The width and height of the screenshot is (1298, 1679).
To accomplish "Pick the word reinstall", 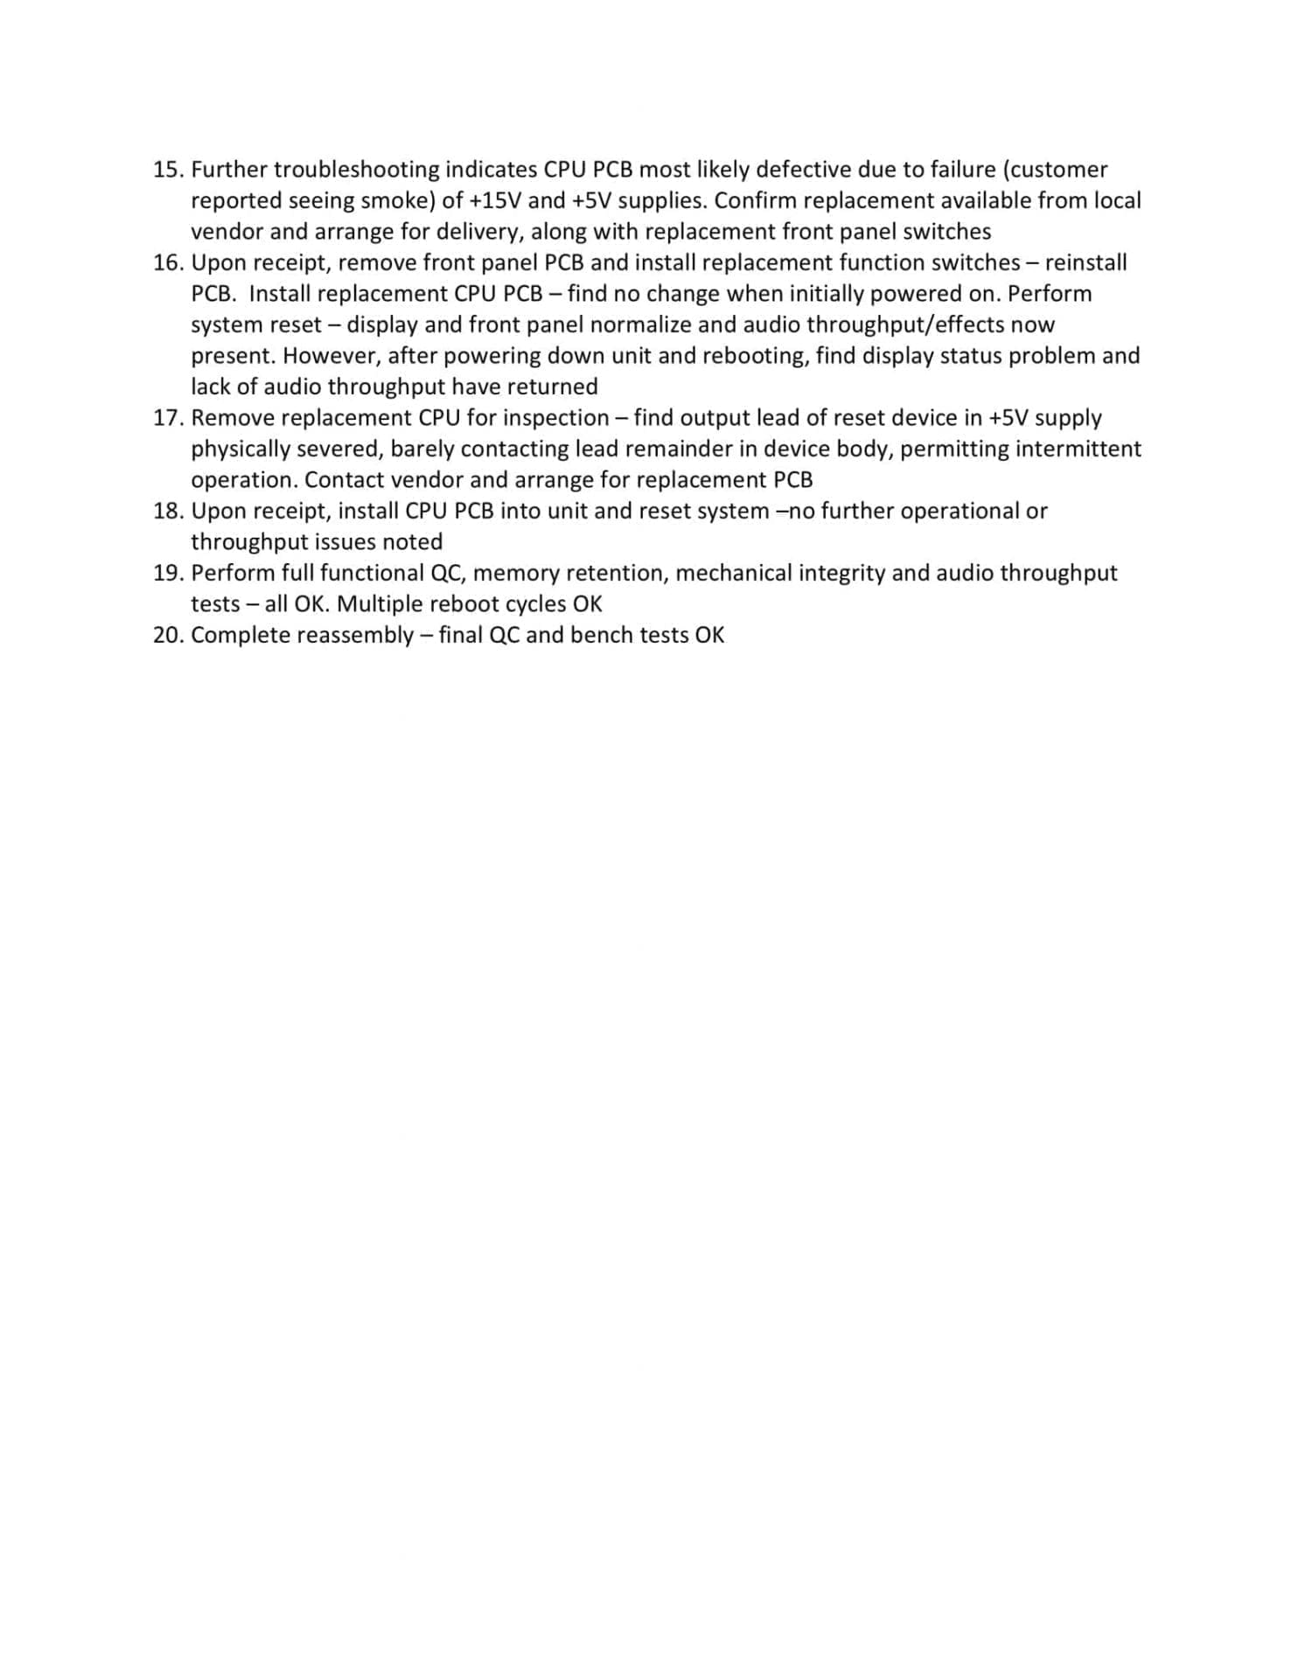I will [1085, 262].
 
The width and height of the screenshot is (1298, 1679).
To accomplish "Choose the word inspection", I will [556, 418].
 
